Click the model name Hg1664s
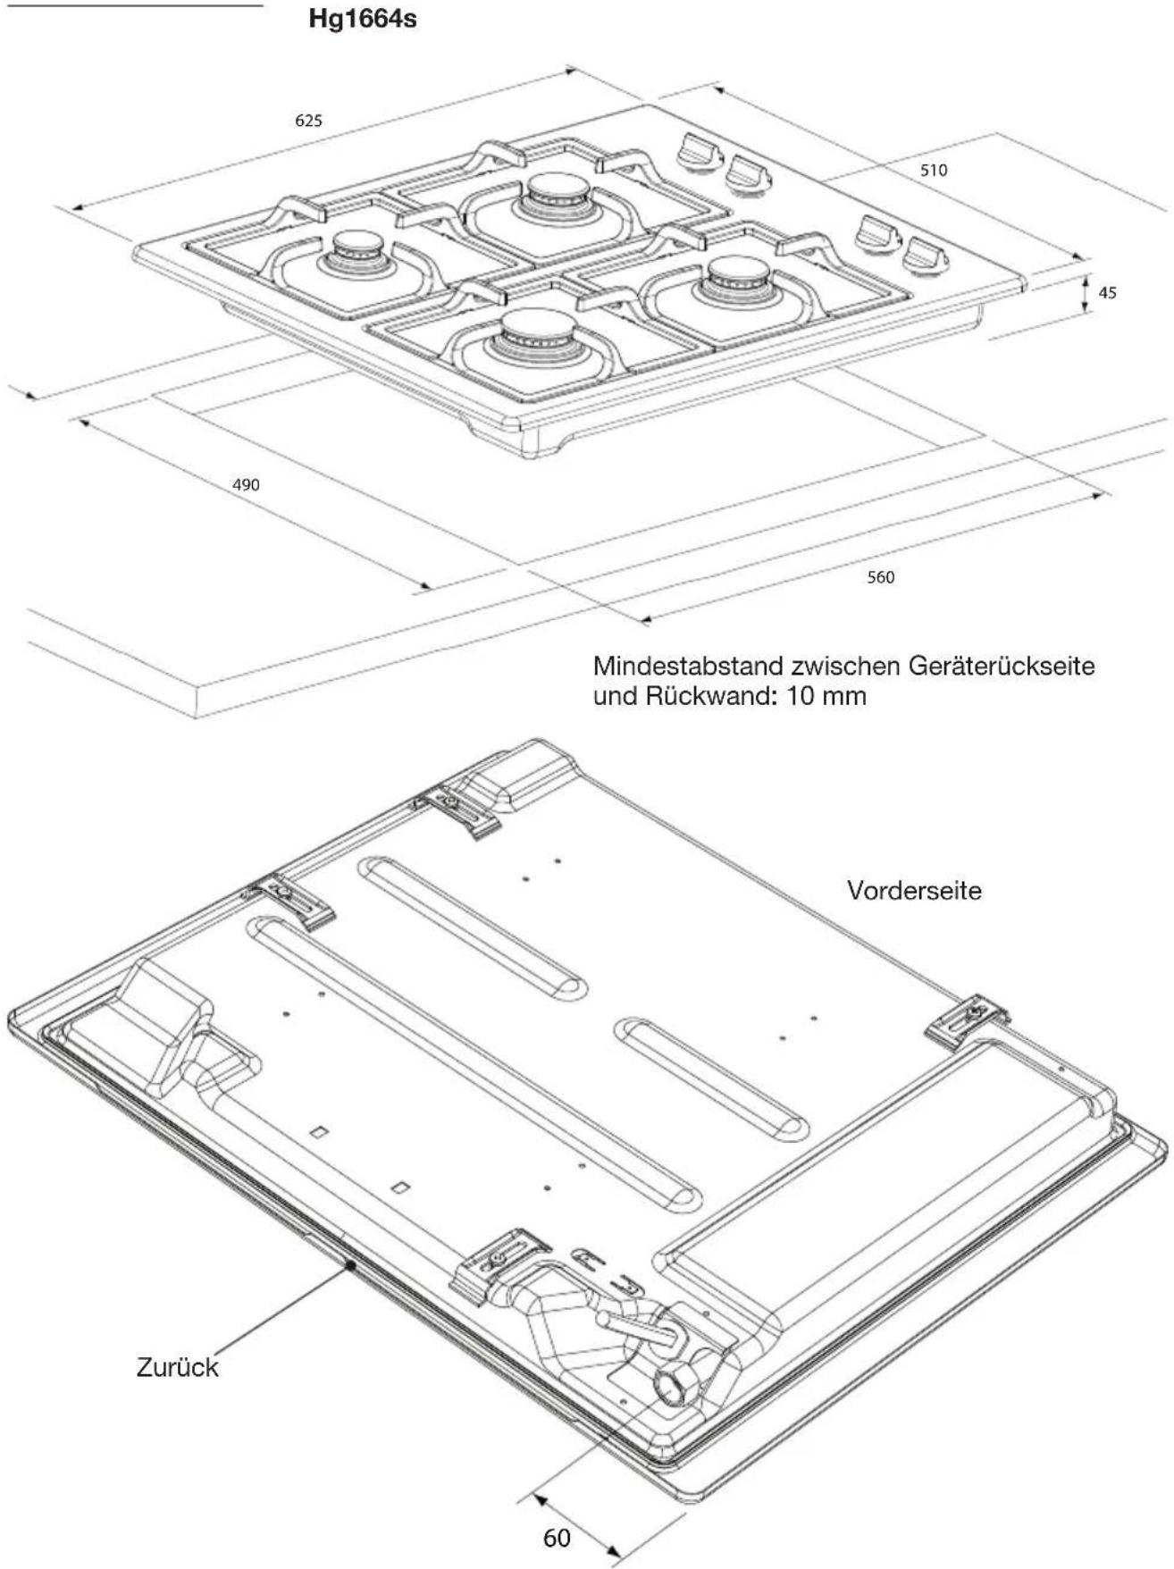(x=363, y=19)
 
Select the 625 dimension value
(x=308, y=121)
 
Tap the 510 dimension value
(x=934, y=170)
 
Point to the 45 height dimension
(x=1107, y=292)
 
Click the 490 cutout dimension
(x=246, y=485)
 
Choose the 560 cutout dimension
(x=880, y=577)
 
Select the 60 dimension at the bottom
(x=557, y=1538)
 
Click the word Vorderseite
(x=914, y=890)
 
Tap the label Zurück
(x=177, y=1367)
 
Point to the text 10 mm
(x=826, y=696)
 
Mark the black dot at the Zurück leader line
(x=351, y=1265)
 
